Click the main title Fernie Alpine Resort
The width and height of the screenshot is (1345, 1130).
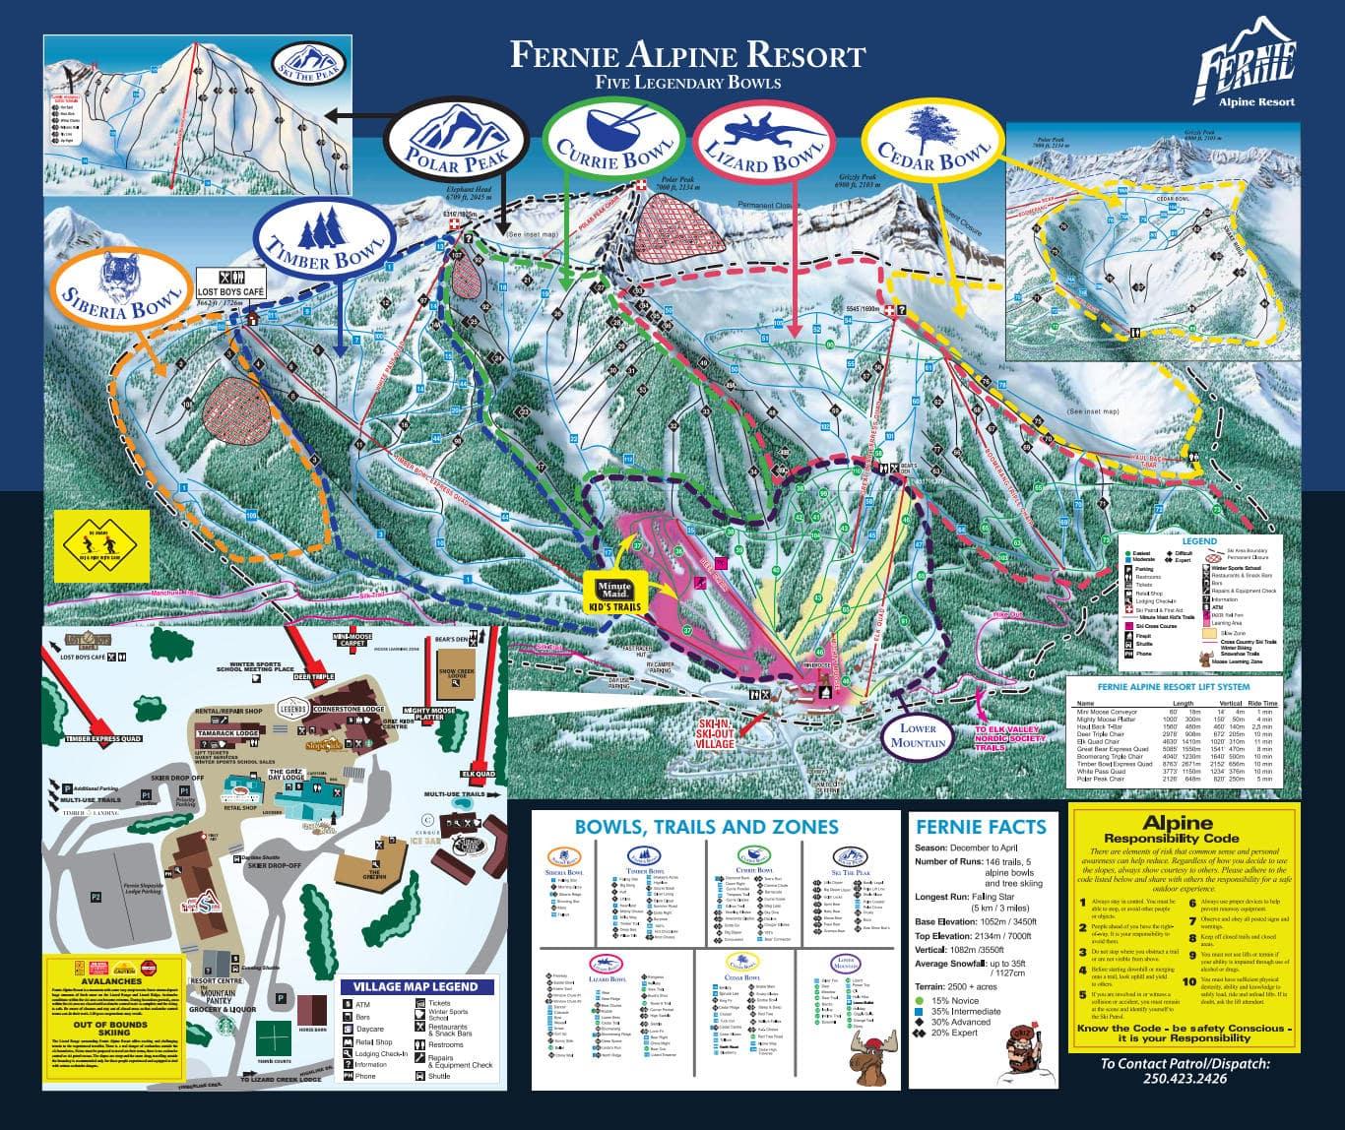click(687, 54)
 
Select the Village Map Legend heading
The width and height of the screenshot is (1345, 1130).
click(416, 986)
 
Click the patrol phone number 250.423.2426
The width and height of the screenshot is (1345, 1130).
click(1185, 1078)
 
